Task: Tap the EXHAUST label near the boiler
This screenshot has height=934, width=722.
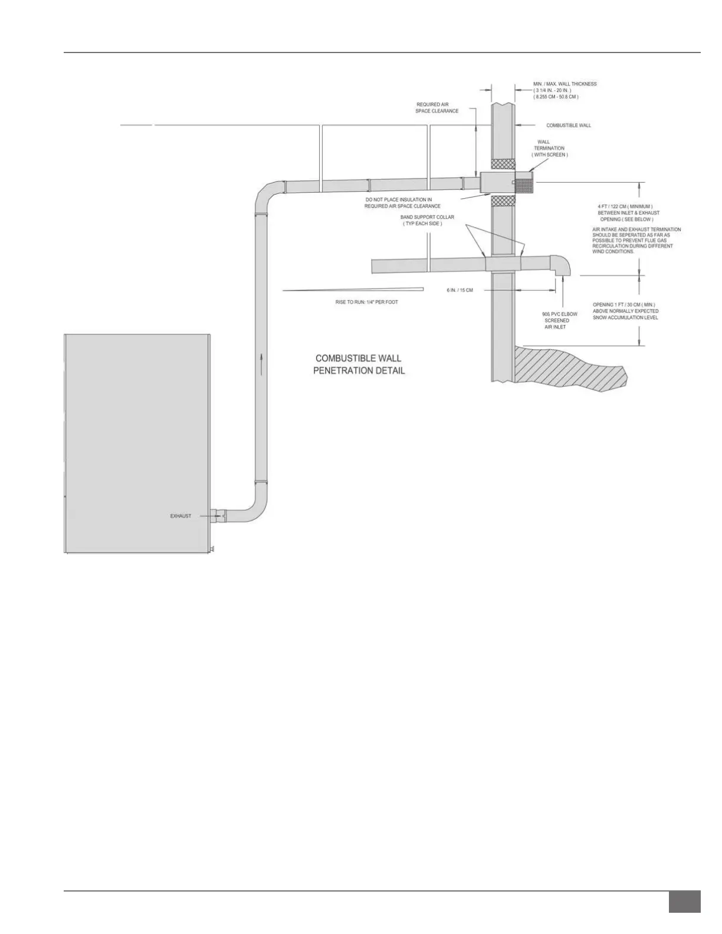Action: coord(180,516)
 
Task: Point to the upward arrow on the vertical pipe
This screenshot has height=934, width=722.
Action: coord(260,357)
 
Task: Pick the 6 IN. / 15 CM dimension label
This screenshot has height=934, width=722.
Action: coord(460,290)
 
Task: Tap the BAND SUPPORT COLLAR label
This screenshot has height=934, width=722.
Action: coord(427,221)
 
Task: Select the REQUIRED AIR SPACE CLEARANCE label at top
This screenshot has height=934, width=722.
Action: coord(437,108)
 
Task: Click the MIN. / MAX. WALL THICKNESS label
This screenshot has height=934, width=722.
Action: coord(565,90)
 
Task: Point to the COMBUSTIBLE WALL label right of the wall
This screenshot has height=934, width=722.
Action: coord(568,126)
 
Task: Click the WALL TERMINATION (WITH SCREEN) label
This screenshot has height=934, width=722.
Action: coord(549,148)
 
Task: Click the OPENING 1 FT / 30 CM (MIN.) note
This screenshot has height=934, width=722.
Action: coord(625,311)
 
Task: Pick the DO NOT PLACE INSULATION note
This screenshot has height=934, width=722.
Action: coord(402,203)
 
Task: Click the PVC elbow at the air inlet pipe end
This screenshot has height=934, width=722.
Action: coord(560,264)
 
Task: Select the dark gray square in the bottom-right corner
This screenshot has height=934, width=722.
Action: coord(684,902)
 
